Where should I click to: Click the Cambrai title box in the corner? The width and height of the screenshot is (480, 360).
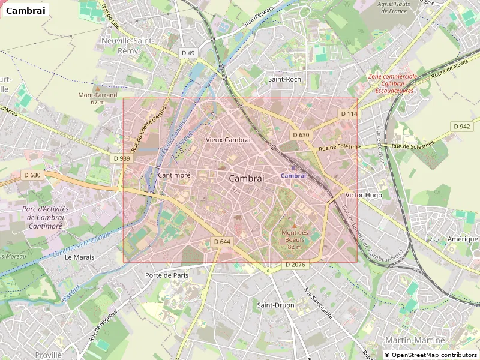25,10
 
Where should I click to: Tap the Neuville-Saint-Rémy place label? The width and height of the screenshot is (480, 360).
128,46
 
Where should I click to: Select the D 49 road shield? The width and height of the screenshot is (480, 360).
188,53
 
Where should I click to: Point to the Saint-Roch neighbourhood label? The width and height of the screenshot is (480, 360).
284,79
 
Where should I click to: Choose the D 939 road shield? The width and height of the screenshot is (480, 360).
121,158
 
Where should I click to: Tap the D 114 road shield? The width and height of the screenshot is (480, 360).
349,114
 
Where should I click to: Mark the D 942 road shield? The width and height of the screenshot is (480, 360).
461,127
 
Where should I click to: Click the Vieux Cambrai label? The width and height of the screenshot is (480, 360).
227,139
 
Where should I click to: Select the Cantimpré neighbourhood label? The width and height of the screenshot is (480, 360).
174,175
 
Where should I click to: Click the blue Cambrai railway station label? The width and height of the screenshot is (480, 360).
293,175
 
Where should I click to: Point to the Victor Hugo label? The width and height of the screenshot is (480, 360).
364,196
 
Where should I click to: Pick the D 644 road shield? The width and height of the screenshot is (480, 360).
222,242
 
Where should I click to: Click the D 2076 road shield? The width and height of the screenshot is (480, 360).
295,265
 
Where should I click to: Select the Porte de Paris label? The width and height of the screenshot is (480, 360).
167,275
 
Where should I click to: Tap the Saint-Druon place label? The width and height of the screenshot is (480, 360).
275,305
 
